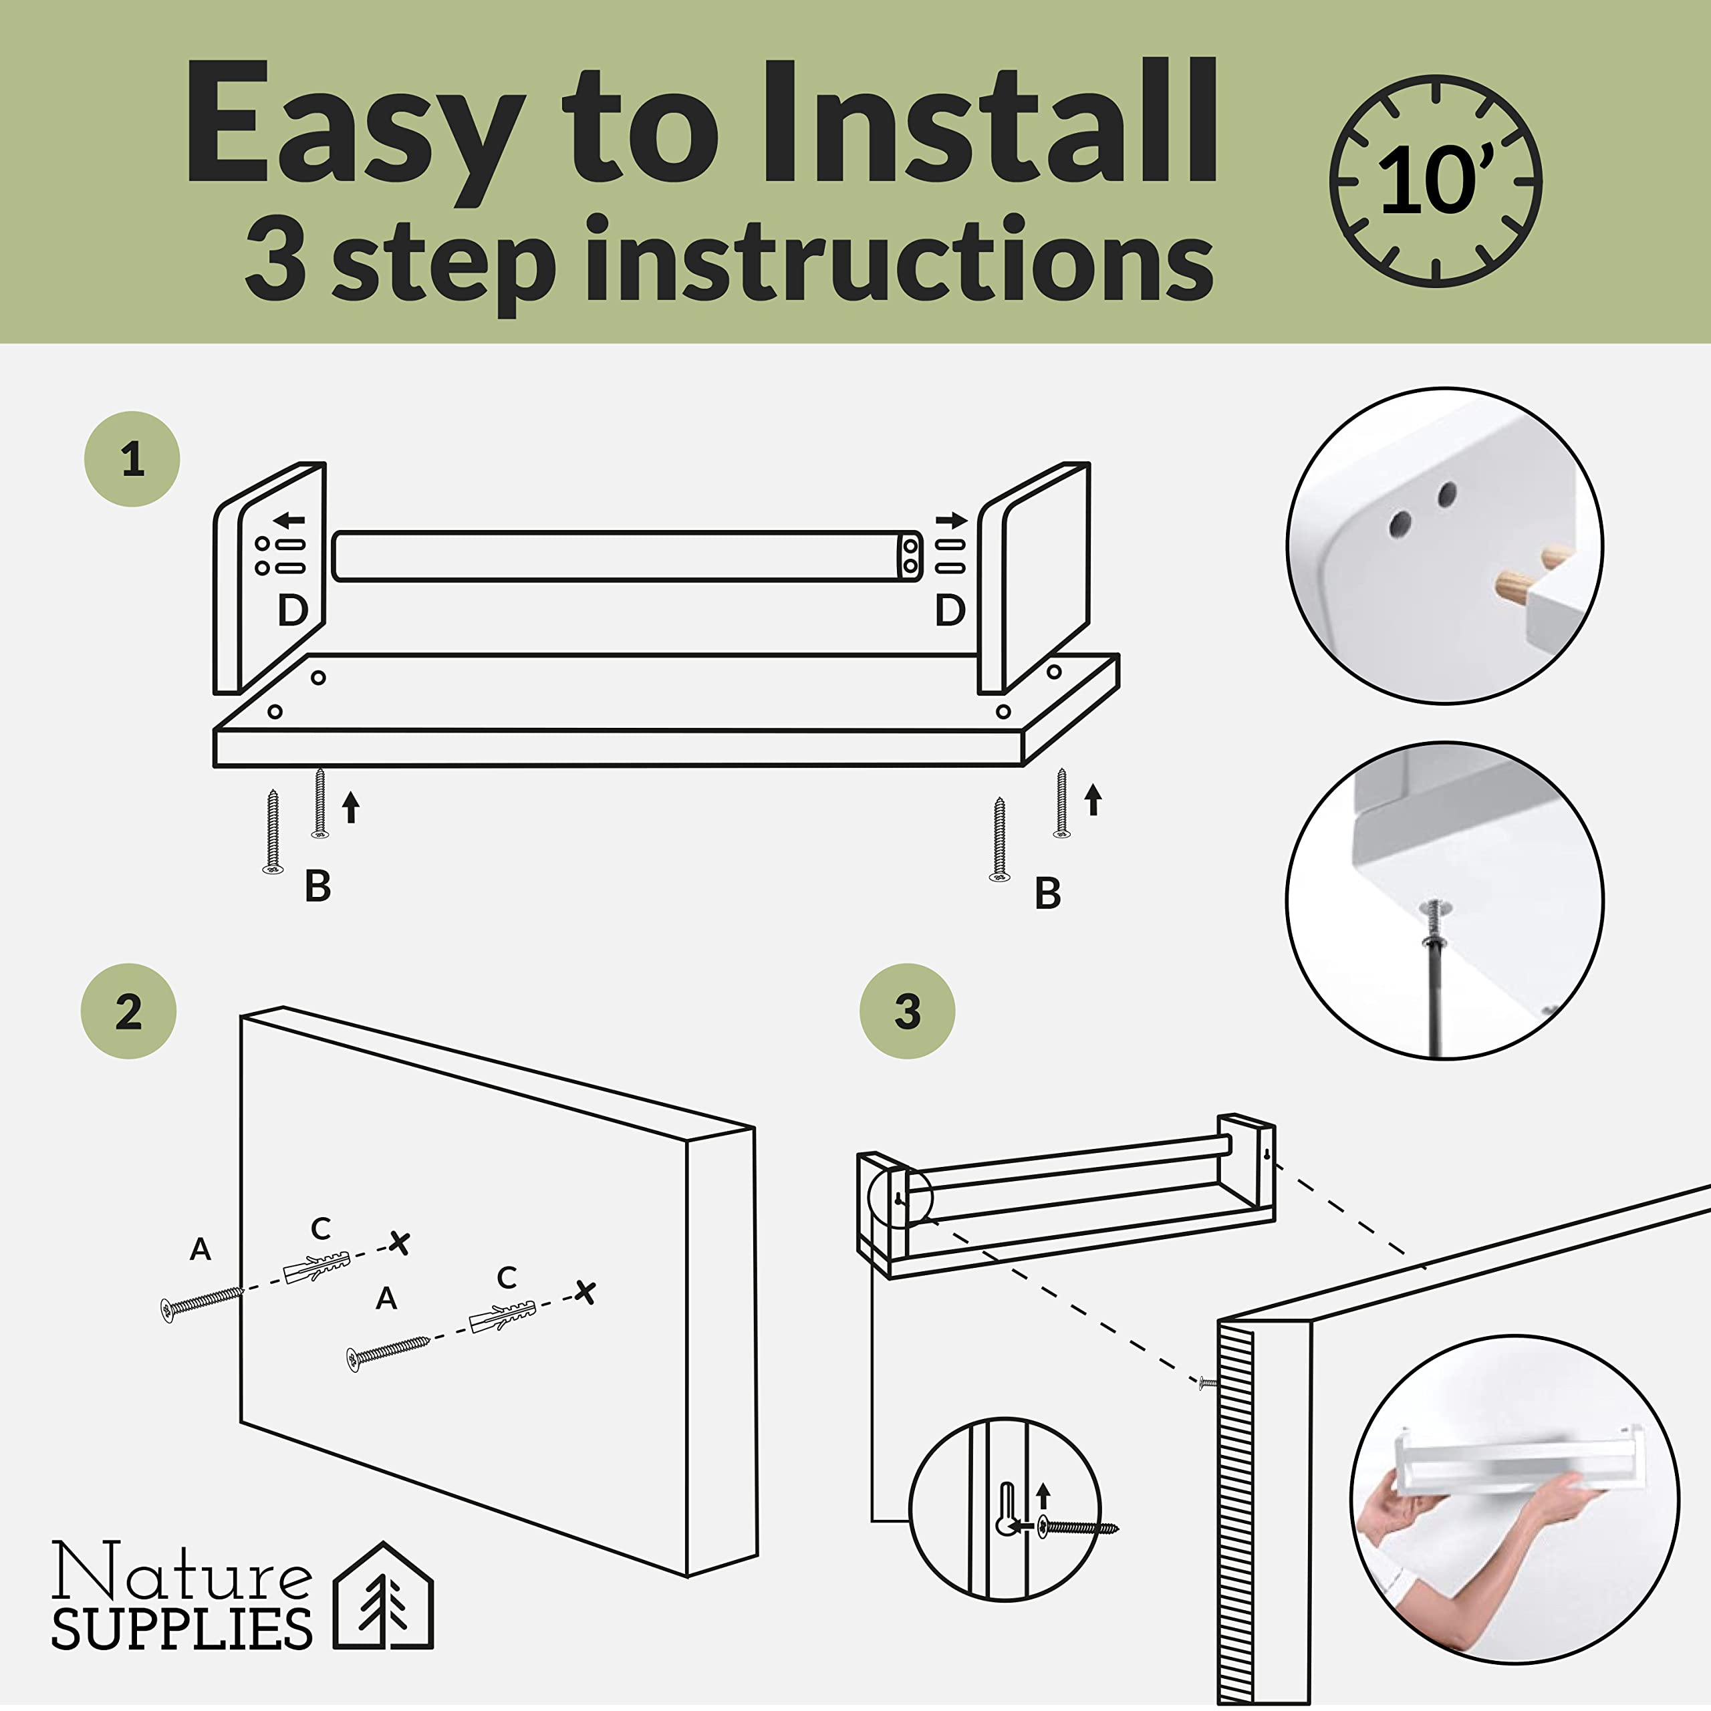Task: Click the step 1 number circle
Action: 132,458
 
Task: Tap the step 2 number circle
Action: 128,1011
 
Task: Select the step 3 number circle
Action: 908,1011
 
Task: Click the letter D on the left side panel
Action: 292,610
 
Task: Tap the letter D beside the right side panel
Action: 950,610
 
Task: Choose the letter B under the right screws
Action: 1048,893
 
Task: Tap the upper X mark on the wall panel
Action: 400,1243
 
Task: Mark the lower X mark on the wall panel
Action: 585,1292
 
